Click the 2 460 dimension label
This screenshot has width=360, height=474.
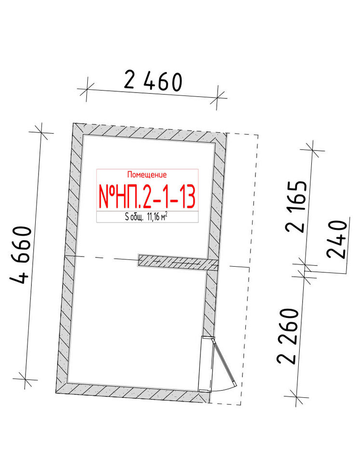click(x=153, y=81)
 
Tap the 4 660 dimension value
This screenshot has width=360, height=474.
click(x=21, y=255)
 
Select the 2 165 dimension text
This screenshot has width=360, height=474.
click(x=296, y=206)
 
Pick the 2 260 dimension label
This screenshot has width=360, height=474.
click(x=287, y=336)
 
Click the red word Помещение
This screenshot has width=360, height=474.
click(x=147, y=175)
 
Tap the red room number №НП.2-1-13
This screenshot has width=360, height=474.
click(x=147, y=196)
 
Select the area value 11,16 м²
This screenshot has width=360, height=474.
click(x=158, y=217)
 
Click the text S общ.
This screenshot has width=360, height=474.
click(x=134, y=217)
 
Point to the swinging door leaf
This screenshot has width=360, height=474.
click(x=225, y=363)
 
